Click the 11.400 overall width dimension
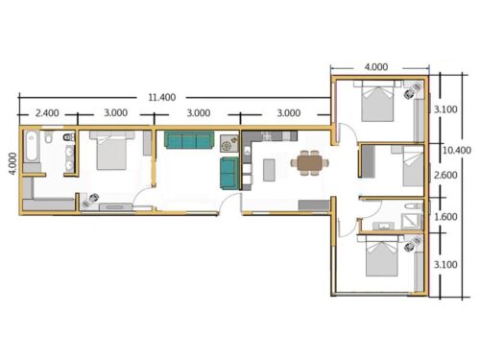tap(160, 97)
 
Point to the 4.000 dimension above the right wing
tap(376, 67)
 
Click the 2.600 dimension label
tap(445, 176)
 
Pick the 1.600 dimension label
tap(445, 217)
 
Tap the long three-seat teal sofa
tap(188, 142)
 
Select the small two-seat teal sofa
tap(228, 173)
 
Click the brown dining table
tap(308, 165)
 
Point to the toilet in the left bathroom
tap(65, 145)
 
